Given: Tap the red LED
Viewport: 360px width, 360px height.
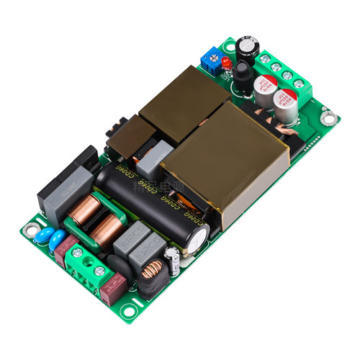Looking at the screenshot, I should click(225, 66).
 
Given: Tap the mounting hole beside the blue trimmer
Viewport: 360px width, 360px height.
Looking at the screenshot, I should click(229, 47).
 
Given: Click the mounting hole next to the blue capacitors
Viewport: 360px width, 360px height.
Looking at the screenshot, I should click(30, 230).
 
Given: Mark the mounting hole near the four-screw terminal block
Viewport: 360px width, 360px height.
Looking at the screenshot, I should click(329, 116).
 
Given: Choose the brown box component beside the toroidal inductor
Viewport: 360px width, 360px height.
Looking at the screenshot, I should click(114, 288).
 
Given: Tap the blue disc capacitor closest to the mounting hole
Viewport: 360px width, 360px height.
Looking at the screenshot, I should click(42, 237).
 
